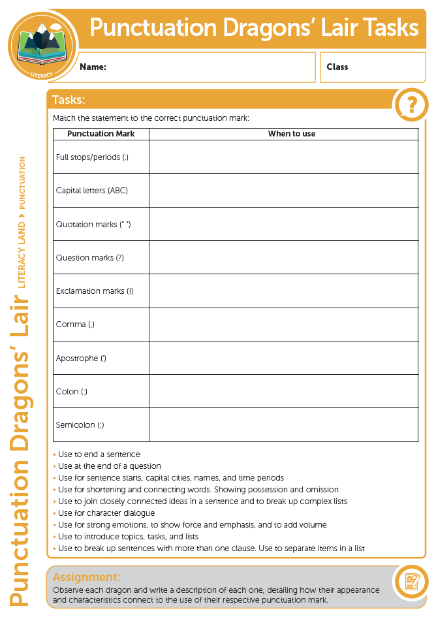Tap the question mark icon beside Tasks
[x=412, y=104]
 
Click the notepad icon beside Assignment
[x=412, y=582]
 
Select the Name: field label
[x=93, y=67]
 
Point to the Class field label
[x=337, y=67]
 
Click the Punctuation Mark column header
[x=101, y=134]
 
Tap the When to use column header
[x=291, y=134]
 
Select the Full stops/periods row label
[x=93, y=157]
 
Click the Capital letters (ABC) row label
[x=92, y=191]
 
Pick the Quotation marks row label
[x=93, y=224]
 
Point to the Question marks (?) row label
[x=90, y=258]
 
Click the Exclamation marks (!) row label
[x=95, y=291]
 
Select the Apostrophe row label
[x=81, y=358]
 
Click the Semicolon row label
[x=80, y=425]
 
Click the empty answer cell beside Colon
[x=283, y=391]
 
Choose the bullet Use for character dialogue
[x=106, y=513]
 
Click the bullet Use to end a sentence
[x=99, y=454]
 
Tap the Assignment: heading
[x=87, y=577]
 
